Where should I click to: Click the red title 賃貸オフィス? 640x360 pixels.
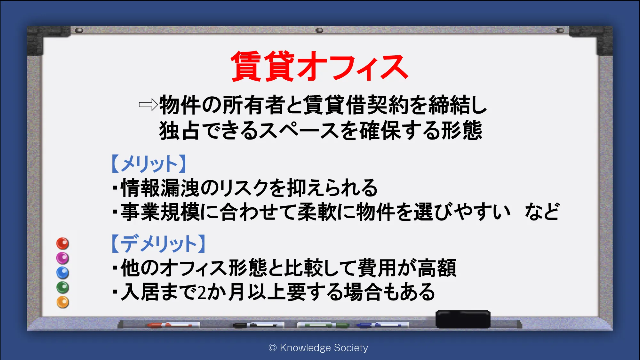(x=319, y=66)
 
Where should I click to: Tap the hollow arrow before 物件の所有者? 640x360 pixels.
(x=148, y=105)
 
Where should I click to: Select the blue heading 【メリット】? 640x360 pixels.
(x=149, y=164)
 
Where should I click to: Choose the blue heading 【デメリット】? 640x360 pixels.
(x=158, y=243)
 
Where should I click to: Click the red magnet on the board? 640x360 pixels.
(x=63, y=244)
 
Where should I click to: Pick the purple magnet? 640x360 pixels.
(x=63, y=258)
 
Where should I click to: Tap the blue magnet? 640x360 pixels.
(x=63, y=273)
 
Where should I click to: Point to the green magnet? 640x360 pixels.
(x=63, y=288)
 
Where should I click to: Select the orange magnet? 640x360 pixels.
(x=63, y=302)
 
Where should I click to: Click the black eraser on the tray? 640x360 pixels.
(x=463, y=319)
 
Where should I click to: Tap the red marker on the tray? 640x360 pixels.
(x=170, y=325)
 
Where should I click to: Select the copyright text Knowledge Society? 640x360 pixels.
(x=324, y=348)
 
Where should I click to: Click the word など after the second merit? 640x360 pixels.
(x=542, y=212)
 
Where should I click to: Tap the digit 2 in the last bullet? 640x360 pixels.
(x=202, y=292)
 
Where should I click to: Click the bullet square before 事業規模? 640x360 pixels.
(x=115, y=212)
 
